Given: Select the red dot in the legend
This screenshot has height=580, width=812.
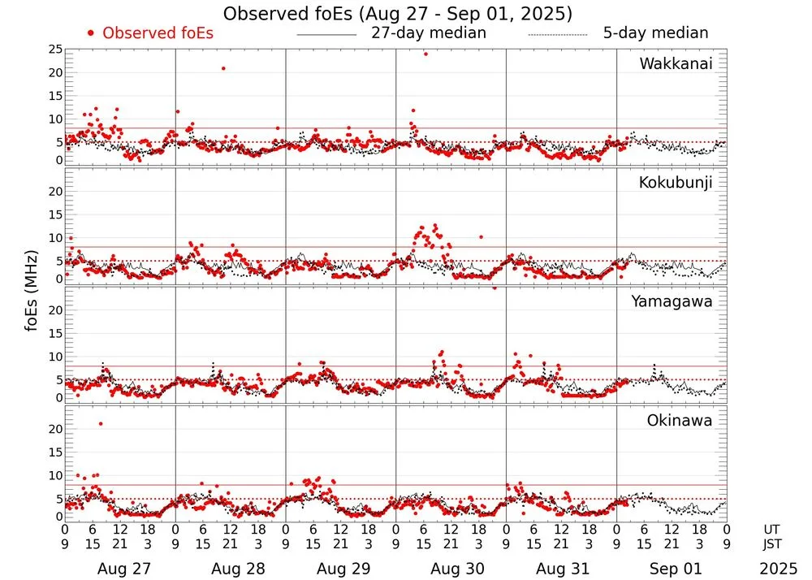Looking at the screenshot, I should coord(91,33).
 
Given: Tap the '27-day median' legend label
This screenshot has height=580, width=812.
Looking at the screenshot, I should coord(428,33).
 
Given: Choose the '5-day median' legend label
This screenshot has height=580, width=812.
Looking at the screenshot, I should coord(655,33).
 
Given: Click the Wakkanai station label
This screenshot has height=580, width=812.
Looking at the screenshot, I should coord(676,63).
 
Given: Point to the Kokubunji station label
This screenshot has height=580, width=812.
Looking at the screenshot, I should coord(676,183).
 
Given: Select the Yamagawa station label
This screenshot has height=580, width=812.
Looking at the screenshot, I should coord(672,301).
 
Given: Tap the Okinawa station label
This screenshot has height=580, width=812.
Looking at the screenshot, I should coord(679,421).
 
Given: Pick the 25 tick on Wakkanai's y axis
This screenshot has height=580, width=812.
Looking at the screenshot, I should coord(55,50).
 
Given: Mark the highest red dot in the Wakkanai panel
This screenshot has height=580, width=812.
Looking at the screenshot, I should coord(425,54).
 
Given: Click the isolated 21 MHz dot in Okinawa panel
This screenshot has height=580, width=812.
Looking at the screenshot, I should coord(101,423).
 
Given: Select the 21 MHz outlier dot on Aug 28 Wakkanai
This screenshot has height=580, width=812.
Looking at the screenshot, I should coord(223,68).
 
